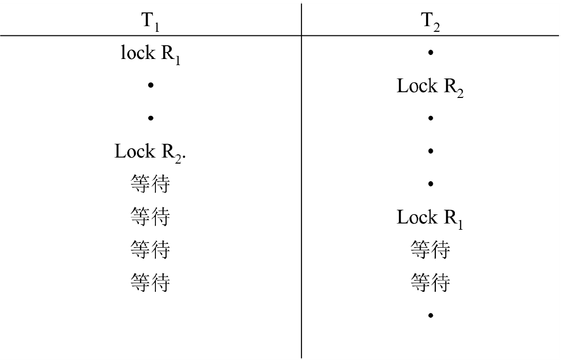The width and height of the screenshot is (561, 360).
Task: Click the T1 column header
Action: click(150, 21)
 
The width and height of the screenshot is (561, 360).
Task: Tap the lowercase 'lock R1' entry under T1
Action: click(150, 53)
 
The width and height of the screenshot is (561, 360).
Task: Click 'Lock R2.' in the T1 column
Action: click(150, 152)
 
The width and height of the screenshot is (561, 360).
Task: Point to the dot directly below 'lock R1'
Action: click(150, 86)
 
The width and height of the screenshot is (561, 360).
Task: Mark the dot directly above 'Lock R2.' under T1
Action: click(150, 118)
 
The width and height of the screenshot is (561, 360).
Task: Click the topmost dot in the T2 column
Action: click(430, 53)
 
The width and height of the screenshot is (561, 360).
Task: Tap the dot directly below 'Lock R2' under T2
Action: click(430, 118)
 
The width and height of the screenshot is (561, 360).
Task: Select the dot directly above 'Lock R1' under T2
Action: click(430, 184)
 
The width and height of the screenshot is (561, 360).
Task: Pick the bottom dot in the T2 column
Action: click(430, 315)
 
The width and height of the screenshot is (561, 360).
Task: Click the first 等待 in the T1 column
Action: click(150, 185)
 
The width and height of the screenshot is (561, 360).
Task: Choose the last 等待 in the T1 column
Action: click(150, 283)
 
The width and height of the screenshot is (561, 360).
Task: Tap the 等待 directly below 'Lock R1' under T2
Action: click(430, 250)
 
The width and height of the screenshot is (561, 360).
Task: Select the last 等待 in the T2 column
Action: click(430, 283)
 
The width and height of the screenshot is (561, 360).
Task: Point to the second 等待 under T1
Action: click(150, 217)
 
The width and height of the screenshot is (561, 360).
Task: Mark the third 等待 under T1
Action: click(150, 250)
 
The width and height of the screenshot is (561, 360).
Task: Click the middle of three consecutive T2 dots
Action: click(430, 151)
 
